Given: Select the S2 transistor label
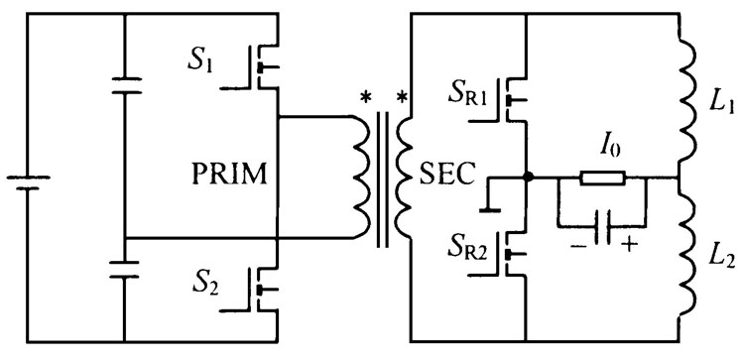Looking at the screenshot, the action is click(x=205, y=284).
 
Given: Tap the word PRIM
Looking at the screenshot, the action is click(x=230, y=175).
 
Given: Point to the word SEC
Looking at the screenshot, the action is click(x=446, y=175).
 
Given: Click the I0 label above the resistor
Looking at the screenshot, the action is click(x=608, y=149).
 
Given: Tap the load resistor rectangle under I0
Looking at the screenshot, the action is click(x=602, y=179).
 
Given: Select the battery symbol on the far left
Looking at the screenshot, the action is click(x=28, y=182).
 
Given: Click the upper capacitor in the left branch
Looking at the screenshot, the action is click(x=126, y=85).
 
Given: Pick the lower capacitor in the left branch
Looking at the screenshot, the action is click(x=124, y=269).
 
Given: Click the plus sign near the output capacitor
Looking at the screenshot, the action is click(x=629, y=245).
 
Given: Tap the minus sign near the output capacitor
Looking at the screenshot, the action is click(x=575, y=245).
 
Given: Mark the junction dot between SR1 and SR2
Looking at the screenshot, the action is click(x=527, y=178).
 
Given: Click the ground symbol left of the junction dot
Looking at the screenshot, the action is click(x=490, y=194).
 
